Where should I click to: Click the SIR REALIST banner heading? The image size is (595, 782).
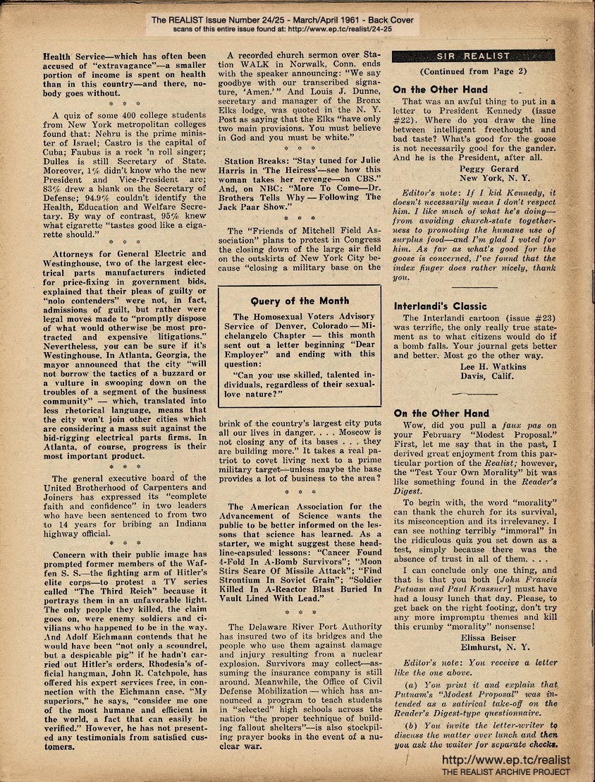tap(473, 55)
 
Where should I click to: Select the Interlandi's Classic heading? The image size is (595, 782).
tap(440, 306)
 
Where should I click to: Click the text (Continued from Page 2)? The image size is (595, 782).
tap(472, 71)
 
